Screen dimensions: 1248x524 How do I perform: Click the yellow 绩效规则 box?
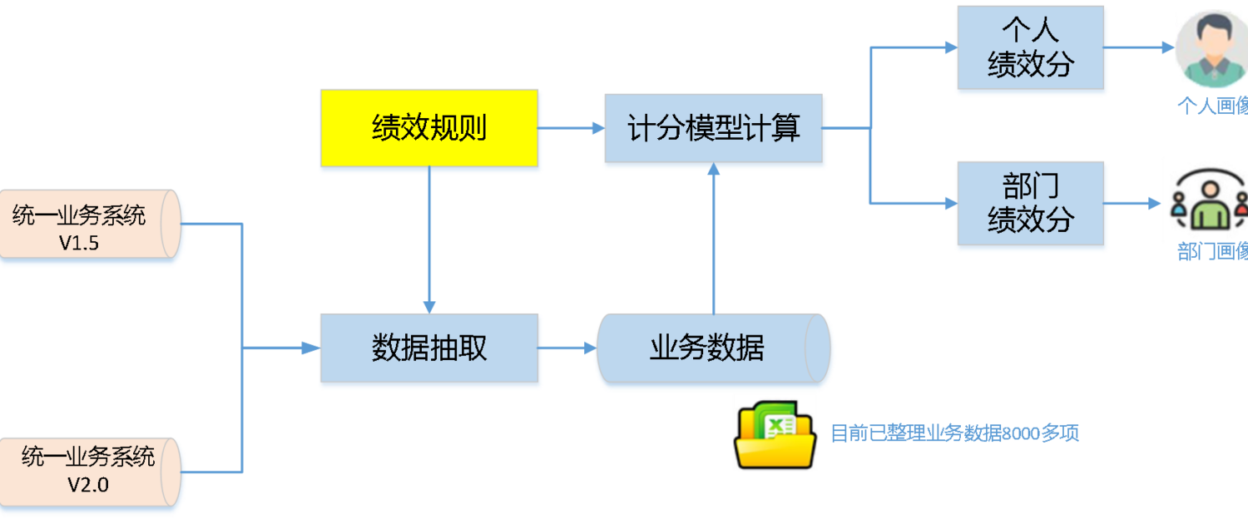tap(429, 128)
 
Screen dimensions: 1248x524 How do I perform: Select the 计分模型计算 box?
tap(713, 128)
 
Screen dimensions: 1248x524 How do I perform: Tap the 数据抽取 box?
tap(429, 348)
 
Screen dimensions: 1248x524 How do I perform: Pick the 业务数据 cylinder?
tap(713, 348)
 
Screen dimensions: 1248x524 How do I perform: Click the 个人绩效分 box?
tap(1030, 47)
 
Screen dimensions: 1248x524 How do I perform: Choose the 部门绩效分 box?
tap(1030, 203)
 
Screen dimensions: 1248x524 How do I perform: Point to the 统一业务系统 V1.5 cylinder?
tap(89, 224)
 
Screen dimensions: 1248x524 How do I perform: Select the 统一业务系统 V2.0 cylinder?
tap(89, 472)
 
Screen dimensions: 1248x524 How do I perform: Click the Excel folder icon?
tap(775, 435)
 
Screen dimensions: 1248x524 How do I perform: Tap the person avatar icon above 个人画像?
tap(1213, 49)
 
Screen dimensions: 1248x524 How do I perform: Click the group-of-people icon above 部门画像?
tap(1210, 200)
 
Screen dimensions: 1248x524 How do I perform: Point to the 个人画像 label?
tap(1213, 106)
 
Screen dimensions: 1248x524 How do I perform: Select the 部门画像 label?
tap(1213, 251)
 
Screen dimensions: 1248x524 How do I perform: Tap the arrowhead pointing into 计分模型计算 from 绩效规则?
tap(598, 128)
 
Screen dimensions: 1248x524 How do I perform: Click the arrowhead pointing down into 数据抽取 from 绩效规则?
tap(429, 308)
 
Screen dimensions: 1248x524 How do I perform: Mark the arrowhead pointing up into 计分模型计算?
tap(714, 169)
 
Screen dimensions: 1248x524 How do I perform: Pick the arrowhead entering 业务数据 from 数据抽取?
tap(590, 348)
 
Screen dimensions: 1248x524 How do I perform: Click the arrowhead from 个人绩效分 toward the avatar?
tap(1168, 47)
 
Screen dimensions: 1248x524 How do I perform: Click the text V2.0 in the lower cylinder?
tap(88, 485)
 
